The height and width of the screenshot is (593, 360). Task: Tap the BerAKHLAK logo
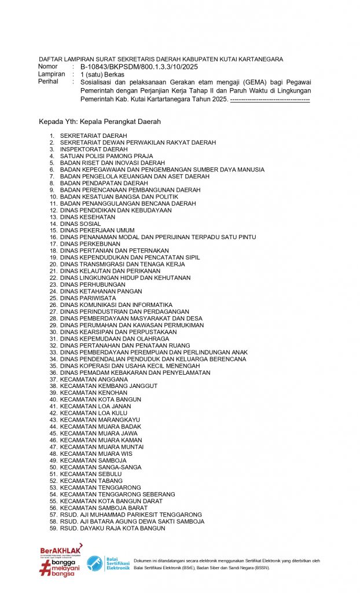(x=61, y=550)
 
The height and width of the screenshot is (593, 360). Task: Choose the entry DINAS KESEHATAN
(x=87, y=217)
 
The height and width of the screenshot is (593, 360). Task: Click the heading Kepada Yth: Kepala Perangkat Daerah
(x=100, y=122)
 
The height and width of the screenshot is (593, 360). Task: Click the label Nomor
(x=48, y=67)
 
